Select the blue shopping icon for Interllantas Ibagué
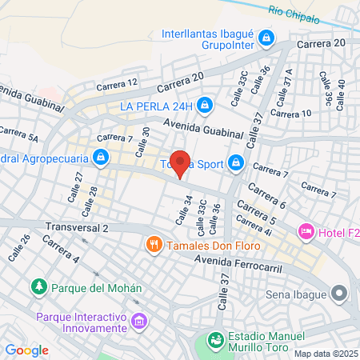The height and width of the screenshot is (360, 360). (x=267, y=38)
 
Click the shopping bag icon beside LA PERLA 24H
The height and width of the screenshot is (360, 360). (x=206, y=105)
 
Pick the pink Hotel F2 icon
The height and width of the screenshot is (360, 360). (x=306, y=232)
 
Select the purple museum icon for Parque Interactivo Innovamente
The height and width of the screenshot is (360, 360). (x=140, y=322)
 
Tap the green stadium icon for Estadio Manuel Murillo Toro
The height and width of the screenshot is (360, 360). (x=214, y=341)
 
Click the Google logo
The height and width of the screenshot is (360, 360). (x=26, y=350)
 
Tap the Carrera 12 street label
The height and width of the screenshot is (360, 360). (x=117, y=82)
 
